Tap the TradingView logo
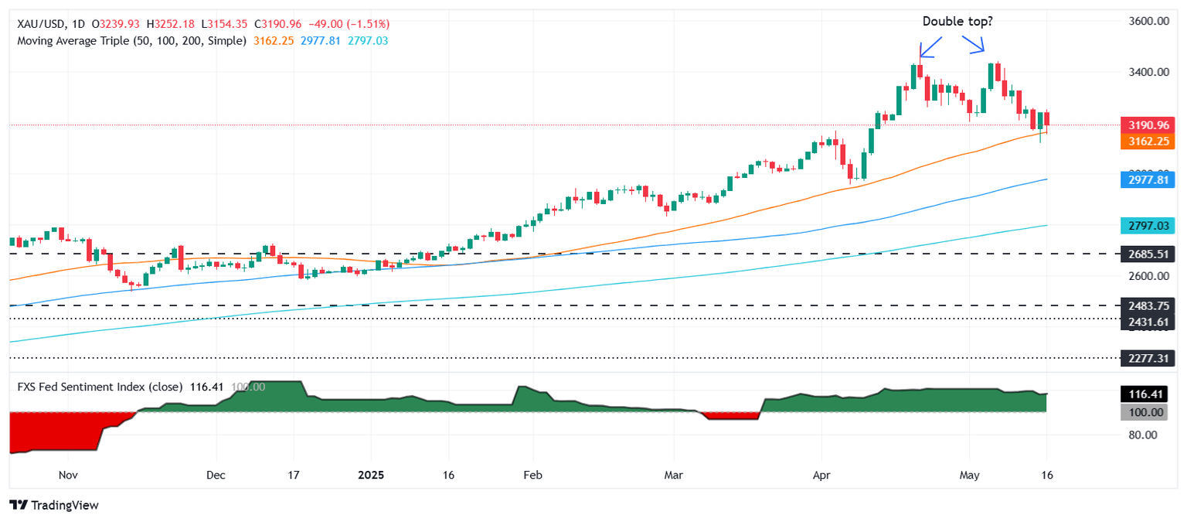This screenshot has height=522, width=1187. pyautogui.click(x=54, y=505)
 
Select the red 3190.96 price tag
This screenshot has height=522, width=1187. pyautogui.click(x=1151, y=125)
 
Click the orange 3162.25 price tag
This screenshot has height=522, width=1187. pyautogui.click(x=1151, y=141)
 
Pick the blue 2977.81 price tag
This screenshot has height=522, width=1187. pyautogui.click(x=1151, y=179)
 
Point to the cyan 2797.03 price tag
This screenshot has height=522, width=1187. pyautogui.click(x=1151, y=225)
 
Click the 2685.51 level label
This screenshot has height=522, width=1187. pyautogui.click(x=1151, y=254)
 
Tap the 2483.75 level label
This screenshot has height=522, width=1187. pyautogui.click(x=1151, y=305)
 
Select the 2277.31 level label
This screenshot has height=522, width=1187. pyautogui.click(x=1151, y=358)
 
